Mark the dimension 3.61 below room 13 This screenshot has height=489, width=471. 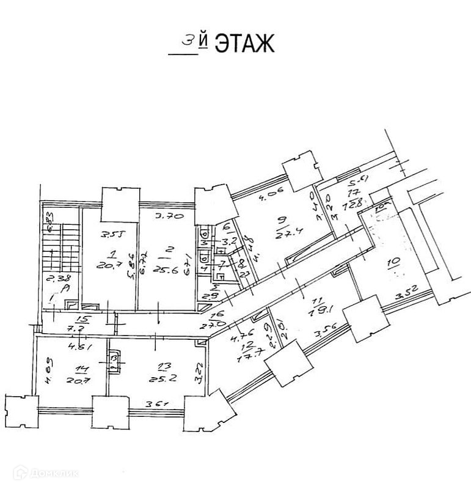coord(156,405)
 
